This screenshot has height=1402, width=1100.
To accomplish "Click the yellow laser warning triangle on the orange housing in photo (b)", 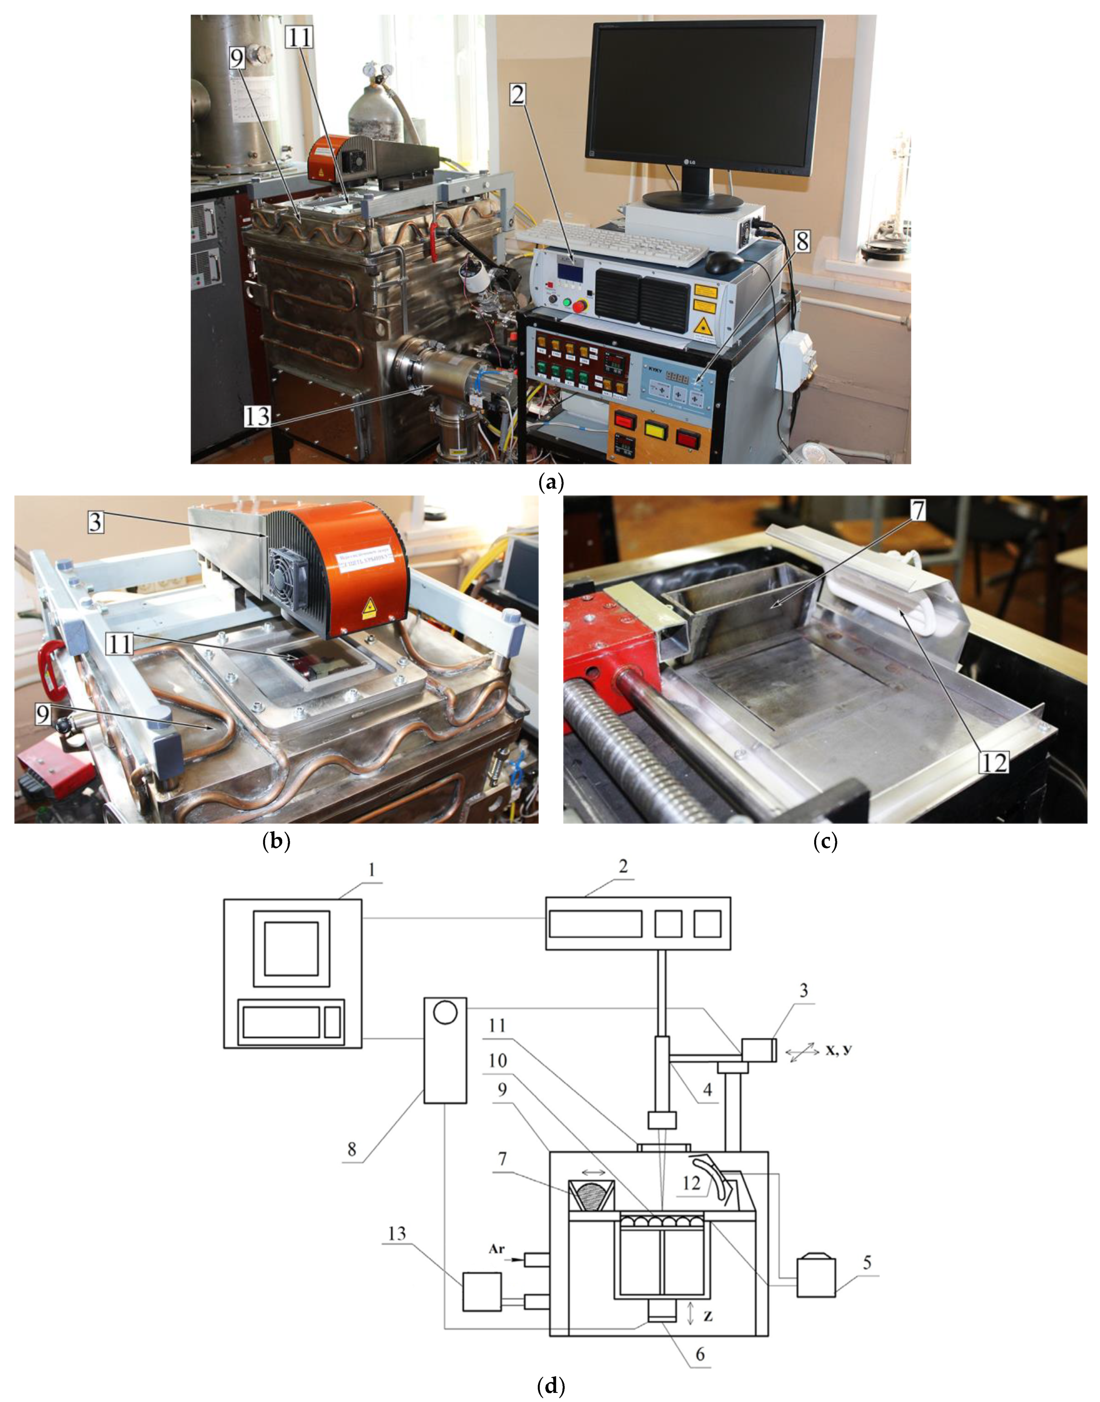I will pos(370,606).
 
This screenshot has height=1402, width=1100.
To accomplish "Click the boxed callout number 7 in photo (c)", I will pos(917,510).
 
